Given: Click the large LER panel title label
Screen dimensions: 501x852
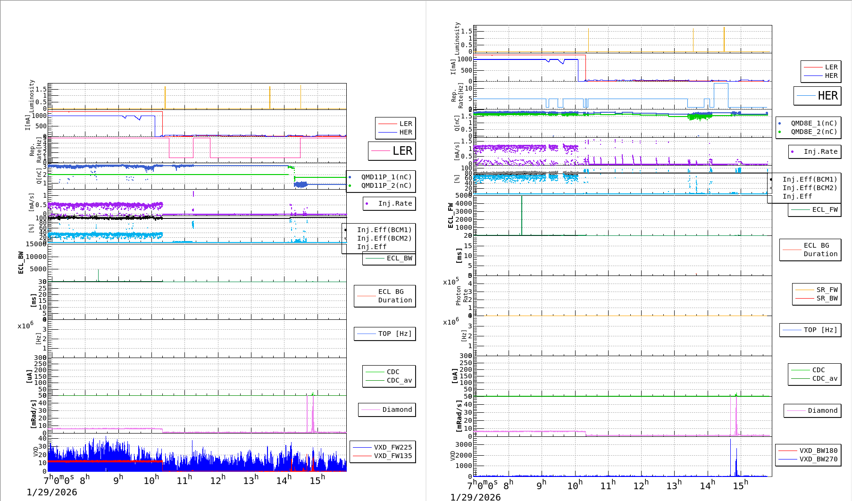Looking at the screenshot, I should pyautogui.click(x=402, y=151).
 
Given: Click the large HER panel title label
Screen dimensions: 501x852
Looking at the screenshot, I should pyautogui.click(x=827, y=96).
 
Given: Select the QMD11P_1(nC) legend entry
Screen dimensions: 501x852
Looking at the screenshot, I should pyautogui.click(x=386, y=177).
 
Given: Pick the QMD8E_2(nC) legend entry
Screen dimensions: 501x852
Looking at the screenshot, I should pyautogui.click(x=814, y=132).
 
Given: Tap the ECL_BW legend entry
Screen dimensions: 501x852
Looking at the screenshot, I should pyautogui.click(x=399, y=258).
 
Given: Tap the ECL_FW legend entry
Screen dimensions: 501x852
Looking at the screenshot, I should pyautogui.click(x=825, y=209).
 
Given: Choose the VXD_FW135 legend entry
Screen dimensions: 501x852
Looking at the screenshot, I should pyautogui.click(x=393, y=456).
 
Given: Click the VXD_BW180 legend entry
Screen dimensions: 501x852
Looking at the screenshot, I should pyautogui.click(x=818, y=451).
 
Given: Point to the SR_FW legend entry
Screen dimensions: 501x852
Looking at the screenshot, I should pyautogui.click(x=827, y=290).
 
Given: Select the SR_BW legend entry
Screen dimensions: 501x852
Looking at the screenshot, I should pyautogui.click(x=827, y=298).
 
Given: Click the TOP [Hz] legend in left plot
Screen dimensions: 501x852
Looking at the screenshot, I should pyautogui.click(x=394, y=334).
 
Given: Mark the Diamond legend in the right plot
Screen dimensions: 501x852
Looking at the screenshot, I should pyautogui.click(x=822, y=410).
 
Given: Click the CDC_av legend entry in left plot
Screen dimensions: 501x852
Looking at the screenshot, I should pyautogui.click(x=399, y=380).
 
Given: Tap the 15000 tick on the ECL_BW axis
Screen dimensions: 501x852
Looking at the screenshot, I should pyautogui.click(x=36, y=244).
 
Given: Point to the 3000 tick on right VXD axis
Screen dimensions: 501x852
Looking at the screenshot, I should pyautogui.click(x=463, y=444).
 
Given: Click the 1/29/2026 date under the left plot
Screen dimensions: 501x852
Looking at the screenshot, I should pyautogui.click(x=52, y=493).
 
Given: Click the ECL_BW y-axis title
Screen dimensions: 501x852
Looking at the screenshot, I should pyautogui.click(x=21, y=263).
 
